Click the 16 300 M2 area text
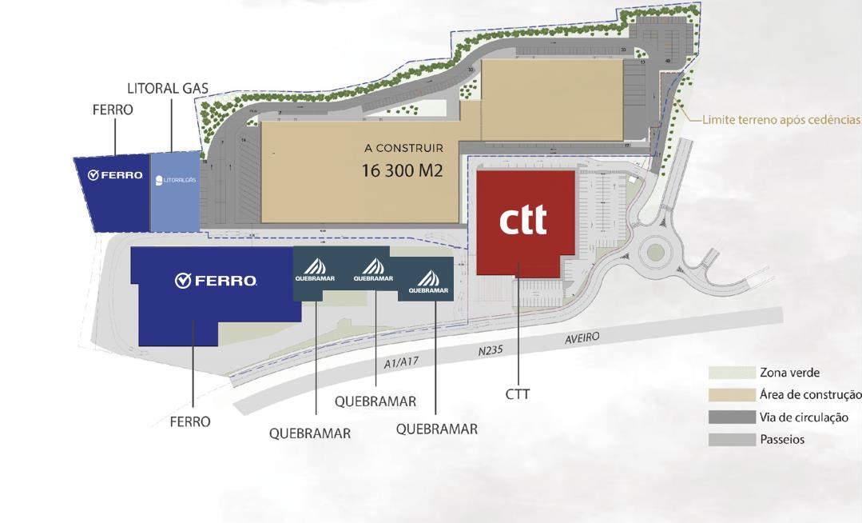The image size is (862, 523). pyautogui.click(x=402, y=170)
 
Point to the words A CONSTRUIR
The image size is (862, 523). pyautogui.click(x=403, y=148)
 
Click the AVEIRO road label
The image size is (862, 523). pyautogui.click(x=582, y=338)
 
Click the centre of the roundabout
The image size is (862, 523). pyautogui.click(x=655, y=253)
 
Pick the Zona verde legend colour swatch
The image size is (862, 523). pyautogui.click(x=731, y=373)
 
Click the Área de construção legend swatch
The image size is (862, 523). pyautogui.click(x=731, y=395)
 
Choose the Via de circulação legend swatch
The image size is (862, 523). pyautogui.click(x=731, y=417)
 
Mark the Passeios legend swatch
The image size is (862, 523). pyautogui.click(x=731, y=440)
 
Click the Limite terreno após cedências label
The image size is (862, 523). pyautogui.click(x=781, y=120)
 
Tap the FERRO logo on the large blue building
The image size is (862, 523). pyautogui.click(x=216, y=281)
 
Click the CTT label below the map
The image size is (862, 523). pyautogui.click(x=518, y=394)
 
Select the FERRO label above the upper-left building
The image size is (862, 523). pyautogui.click(x=113, y=110)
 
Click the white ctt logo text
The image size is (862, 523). pyautogui.click(x=523, y=220)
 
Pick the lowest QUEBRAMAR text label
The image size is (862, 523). pyautogui.click(x=310, y=434)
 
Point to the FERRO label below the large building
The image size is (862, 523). pyautogui.click(x=190, y=421)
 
